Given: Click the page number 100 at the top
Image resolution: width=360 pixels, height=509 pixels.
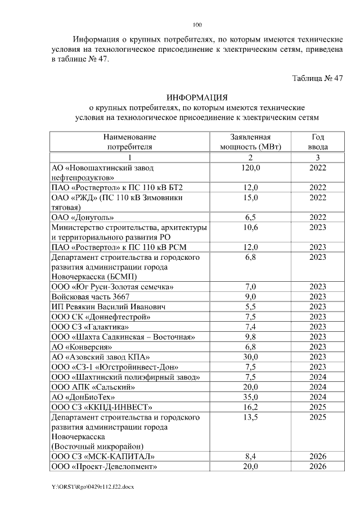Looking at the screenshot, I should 197,25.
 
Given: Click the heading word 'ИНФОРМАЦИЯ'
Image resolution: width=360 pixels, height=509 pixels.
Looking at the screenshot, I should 197,97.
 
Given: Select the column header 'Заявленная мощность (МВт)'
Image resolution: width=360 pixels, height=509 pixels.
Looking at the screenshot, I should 250,142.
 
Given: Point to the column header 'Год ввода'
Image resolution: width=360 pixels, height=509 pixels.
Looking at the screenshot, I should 318,142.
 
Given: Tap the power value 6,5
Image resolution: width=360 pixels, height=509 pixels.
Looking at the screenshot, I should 250,217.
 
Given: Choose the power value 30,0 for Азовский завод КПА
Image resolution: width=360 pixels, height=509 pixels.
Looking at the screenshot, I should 250,357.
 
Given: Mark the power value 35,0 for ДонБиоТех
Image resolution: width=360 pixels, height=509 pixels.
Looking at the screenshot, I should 250,397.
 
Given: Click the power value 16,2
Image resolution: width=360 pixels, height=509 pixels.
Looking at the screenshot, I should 250,407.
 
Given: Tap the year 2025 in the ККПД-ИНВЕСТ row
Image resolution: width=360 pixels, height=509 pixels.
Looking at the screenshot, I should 318,407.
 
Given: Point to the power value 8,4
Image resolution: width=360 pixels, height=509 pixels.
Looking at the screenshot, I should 250,456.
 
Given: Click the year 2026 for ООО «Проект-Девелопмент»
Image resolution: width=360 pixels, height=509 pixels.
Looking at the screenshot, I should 318,466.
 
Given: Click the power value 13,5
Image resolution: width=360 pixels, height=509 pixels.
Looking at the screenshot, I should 250,417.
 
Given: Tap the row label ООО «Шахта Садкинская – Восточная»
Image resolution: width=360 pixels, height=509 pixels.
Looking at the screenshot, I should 123,336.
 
